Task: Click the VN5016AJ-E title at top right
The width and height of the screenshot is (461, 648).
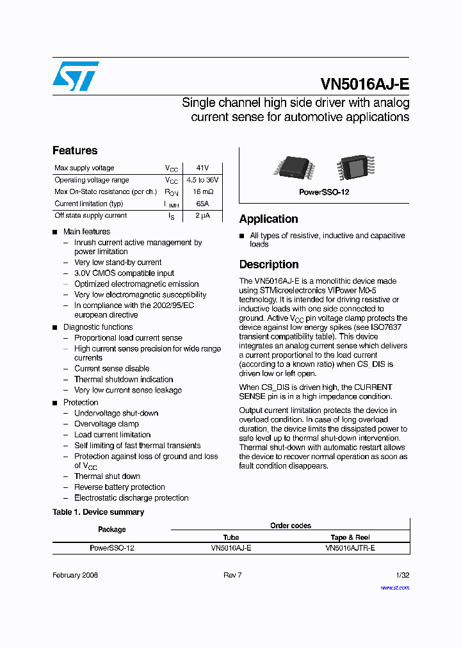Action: coord(364,85)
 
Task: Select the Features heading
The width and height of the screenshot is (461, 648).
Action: coord(75,150)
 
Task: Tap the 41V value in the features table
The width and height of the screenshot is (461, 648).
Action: coord(202,168)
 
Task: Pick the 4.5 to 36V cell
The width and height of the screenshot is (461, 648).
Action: coord(202,180)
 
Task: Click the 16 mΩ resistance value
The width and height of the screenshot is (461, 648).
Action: coord(202,191)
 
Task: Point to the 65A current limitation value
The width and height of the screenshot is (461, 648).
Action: coord(202,204)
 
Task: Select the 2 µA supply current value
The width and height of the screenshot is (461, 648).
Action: coord(202,216)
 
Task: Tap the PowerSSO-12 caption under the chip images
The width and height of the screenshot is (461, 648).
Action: coord(324,192)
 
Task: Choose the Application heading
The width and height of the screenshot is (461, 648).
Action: coord(268,219)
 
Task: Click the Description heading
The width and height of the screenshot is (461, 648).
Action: coord(269,264)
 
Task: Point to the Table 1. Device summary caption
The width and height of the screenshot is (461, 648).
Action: coord(98,512)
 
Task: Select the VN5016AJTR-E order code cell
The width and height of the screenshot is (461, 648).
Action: coord(350,548)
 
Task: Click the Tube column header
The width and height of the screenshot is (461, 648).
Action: coord(230,537)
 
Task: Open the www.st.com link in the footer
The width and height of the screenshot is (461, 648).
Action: coord(394,587)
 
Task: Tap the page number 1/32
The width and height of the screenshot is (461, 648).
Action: coord(402,575)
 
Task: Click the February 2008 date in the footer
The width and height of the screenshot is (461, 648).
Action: coord(75,575)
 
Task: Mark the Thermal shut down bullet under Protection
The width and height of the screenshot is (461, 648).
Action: coord(107,476)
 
